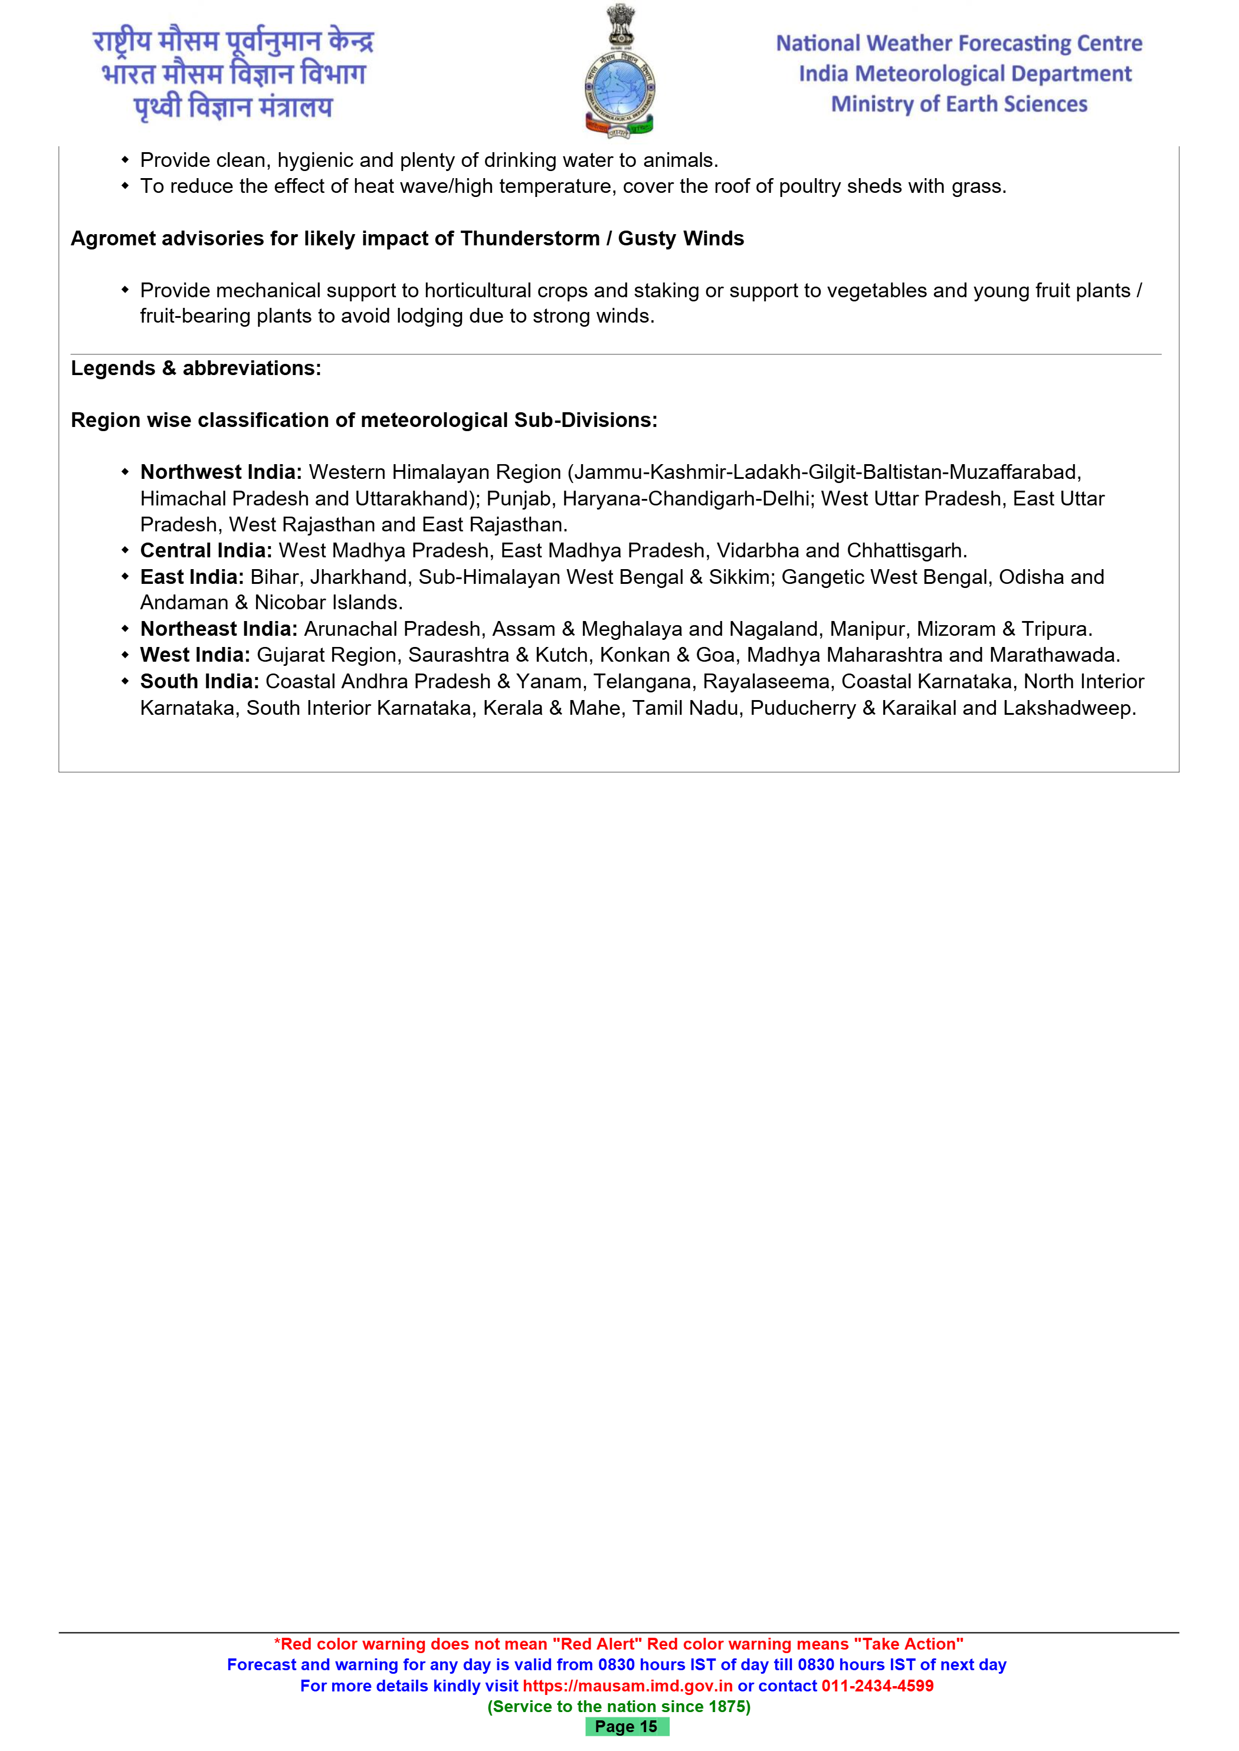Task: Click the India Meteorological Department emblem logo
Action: pyautogui.click(x=619, y=73)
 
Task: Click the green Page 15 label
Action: pyautogui.click(x=627, y=1727)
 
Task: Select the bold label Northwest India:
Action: pyautogui.click(x=221, y=472)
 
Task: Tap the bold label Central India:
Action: pyautogui.click(x=206, y=551)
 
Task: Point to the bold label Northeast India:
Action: pyautogui.click(x=219, y=629)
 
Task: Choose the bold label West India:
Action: pyautogui.click(x=195, y=655)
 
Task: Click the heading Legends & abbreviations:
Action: pyautogui.click(x=196, y=369)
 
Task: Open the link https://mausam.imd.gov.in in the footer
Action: pyautogui.click(x=627, y=1686)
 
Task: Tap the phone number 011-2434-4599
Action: pyautogui.click(x=877, y=1686)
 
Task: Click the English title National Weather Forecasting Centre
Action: pyautogui.click(x=959, y=44)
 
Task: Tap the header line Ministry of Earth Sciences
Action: pyautogui.click(x=959, y=104)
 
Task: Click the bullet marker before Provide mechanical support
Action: pyautogui.click(x=125, y=291)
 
